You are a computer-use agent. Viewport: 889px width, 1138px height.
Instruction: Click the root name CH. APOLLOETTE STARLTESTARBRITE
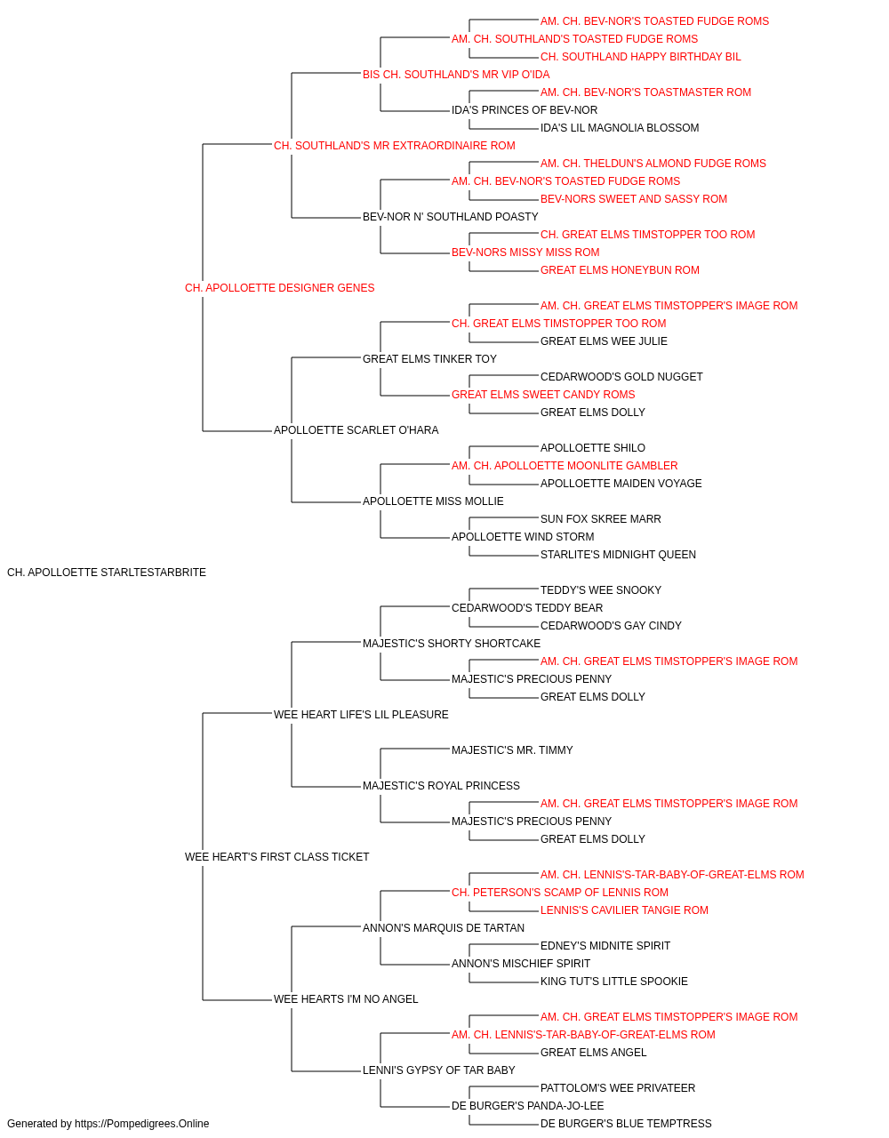coord(107,573)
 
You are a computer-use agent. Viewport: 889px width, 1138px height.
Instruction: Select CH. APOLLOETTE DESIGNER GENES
coord(279,288)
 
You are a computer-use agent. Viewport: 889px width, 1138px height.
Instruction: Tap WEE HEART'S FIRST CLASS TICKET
coord(277,857)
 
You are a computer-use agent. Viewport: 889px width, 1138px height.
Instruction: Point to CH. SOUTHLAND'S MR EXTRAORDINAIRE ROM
coord(394,146)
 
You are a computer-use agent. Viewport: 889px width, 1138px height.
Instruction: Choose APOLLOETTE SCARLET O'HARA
coord(356,430)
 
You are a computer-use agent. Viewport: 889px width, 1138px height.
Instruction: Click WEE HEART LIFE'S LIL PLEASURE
coord(361,714)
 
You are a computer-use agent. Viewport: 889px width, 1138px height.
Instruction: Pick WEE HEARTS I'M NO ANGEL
coord(346,998)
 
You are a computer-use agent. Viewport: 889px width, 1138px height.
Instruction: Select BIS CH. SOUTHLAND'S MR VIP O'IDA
coord(456,75)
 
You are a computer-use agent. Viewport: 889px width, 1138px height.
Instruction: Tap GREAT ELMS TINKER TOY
coord(430,358)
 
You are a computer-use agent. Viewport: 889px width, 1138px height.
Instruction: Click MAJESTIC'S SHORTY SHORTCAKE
coord(452,643)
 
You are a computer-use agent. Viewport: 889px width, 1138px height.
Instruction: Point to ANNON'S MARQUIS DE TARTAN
coord(444,927)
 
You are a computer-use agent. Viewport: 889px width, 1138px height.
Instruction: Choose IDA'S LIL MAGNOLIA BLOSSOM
coord(620,128)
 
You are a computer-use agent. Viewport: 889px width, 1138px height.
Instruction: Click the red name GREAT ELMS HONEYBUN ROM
coord(620,270)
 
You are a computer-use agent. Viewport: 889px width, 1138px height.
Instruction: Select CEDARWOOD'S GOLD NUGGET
coord(621,377)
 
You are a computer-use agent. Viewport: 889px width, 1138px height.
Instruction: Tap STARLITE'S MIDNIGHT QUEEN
coord(619,555)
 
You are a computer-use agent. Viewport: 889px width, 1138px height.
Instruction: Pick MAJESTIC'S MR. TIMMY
coord(512,750)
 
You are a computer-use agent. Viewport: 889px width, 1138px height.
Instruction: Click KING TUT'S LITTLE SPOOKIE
coord(614,981)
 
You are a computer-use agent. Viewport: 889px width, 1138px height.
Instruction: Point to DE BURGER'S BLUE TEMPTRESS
coord(626,1124)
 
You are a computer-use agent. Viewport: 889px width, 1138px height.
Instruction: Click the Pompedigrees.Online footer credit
coord(108,1124)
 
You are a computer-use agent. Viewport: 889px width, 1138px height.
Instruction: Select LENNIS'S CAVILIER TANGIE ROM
coord(624,910)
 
